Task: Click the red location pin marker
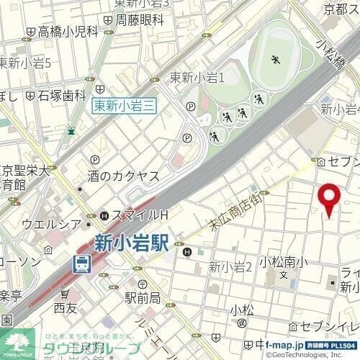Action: click(x=330, y=199)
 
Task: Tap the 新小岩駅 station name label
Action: click(x=130, y=243)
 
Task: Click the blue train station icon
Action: click(x=82, y=264)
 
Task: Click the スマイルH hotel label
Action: click(x=139, y=215)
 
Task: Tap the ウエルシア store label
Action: click(x=48, y=224)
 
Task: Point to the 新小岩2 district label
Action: click(x=230, y=267)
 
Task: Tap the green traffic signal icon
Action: click(x=71, y=130)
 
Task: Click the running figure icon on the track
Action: click(x=276, y=61)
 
